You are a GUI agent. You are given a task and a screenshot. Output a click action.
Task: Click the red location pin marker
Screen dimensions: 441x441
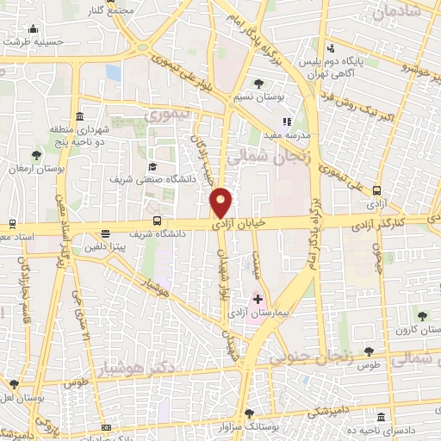pos(221,202)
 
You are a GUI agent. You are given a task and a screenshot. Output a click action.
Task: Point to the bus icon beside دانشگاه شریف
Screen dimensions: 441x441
pos(105,233)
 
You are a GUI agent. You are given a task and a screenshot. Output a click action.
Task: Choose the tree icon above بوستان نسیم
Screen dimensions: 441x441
pos(258,84)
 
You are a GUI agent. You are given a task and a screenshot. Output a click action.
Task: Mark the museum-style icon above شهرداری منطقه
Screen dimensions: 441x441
pos(79,117)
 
